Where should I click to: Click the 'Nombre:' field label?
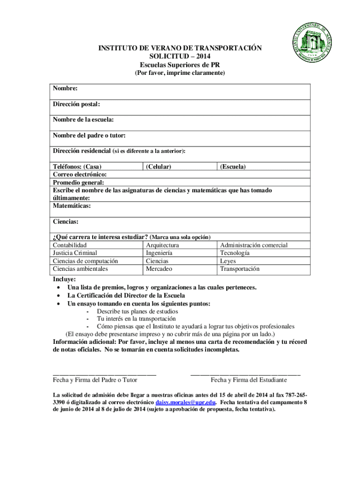pos(65,88)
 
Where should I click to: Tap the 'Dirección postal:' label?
pos(76,104)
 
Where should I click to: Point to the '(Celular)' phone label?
pos(158,167)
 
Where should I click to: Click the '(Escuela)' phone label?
pos(233,167)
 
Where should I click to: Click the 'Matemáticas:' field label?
pos(72,206)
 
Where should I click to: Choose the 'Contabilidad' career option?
pos(70,245)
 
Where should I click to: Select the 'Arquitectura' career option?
pos(162,245)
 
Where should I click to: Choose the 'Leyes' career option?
pos(228,261)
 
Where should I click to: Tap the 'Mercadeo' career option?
pos(159,269)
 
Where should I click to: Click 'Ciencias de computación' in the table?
pos(85,261)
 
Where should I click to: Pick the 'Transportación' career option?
pos(239,269)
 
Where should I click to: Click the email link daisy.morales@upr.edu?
pos(185,402)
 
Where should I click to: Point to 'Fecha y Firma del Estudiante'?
pos(249,380)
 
